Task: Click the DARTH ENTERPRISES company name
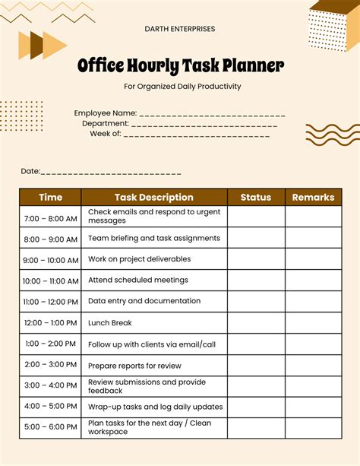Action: pyautogui.click(x=180, y=29)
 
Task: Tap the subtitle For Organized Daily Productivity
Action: pyautogui.click(x=182, y=87)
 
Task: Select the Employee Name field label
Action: pyautogui.click(x=106, y=113)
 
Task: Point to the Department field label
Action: pyautogui.click(x=105, y=123)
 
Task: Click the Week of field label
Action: pyautogui.click(x=106, y=133)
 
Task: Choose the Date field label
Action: pyautogui.click(x=30, y=172)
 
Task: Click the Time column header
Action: pyautogui.click(x=50, y=198)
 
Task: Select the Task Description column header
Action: pyautogui.click(x=154, y=198)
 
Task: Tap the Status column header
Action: pyautogui.click(x=256, y=198)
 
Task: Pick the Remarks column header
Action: pyautogui.click(x=313, y=198)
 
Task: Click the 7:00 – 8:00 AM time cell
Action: pyautogui.click(x=50, y=218)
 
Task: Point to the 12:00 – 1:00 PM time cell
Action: pyautogui.click(x=50, y=323)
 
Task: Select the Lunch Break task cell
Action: pyautogui.click(x=110, y=323)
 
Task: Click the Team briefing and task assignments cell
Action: pyautogui.click(x=154, y=238)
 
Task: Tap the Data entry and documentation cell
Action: pyautogui.click(x=144, y=301)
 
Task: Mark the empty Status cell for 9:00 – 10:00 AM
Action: pyautogui.click(x=256, y=259)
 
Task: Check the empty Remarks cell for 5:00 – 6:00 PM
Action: pyautogui.click(x=313, y=428)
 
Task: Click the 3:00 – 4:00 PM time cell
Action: pyautogui.click(x=50, y=385)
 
